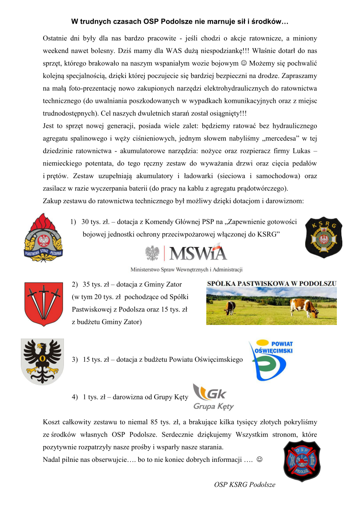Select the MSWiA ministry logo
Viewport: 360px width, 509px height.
click(x=186, y=253)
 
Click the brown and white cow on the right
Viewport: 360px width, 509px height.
click(x=305, y=308)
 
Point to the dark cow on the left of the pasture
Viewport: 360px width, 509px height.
click(x=230, y=308)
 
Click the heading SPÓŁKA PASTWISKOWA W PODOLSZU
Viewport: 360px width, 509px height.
click(x=272, y=284)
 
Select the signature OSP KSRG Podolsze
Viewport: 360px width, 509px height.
click(x=244, y=485)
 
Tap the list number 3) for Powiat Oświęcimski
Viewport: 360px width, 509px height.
click(x=76, y=359)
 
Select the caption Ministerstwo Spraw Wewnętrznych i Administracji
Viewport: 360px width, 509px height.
click(x=186, y=269)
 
